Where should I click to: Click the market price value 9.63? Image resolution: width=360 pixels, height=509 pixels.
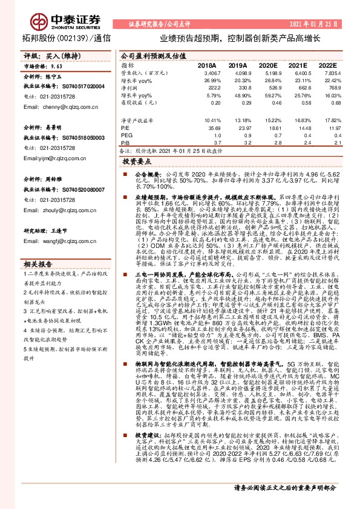(x=57, y=65)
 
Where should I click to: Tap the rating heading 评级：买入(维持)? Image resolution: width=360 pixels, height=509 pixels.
(x=47, y=55)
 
